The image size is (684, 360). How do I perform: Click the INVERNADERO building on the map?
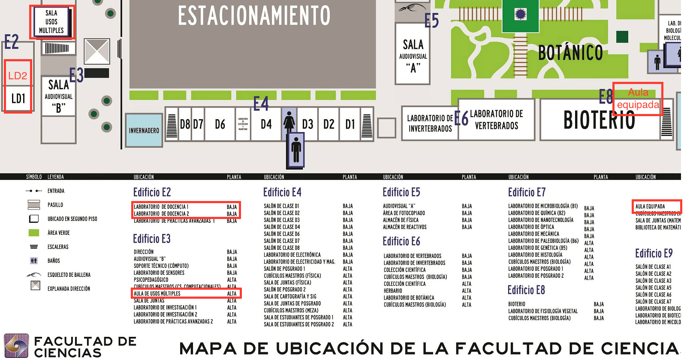click(144, 130)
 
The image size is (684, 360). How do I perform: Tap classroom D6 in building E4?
click(220, 124)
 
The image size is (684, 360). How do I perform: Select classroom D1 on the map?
click(350, 124)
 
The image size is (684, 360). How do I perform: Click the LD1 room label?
click(18, 99)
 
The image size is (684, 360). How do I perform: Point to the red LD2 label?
click(18, 76)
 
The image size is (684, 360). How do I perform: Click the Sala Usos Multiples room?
click(51, 22)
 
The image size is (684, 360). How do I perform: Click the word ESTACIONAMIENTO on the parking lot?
click(254, 16)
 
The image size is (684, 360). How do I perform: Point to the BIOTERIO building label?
click(599, 120)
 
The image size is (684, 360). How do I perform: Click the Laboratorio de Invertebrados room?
click(430, 123)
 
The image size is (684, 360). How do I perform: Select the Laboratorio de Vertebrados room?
click(496, 120)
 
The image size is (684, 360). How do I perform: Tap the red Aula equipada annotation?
click(638, 99)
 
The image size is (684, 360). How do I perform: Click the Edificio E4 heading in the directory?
click(282, 192)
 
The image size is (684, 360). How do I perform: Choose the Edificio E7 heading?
click(527, 192)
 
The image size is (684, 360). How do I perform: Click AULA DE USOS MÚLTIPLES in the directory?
click(157, 294)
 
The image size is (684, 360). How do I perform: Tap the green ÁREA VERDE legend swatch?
click(34, 233)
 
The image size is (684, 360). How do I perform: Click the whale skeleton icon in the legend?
click(34, 275)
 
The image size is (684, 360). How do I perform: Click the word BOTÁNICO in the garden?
click(570, 53)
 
